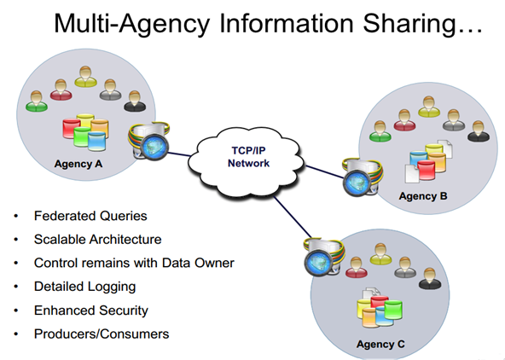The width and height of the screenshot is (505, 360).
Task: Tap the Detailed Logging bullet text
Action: (x=84, y=287)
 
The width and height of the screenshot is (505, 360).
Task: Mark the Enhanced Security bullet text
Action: (x=91, y=311)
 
